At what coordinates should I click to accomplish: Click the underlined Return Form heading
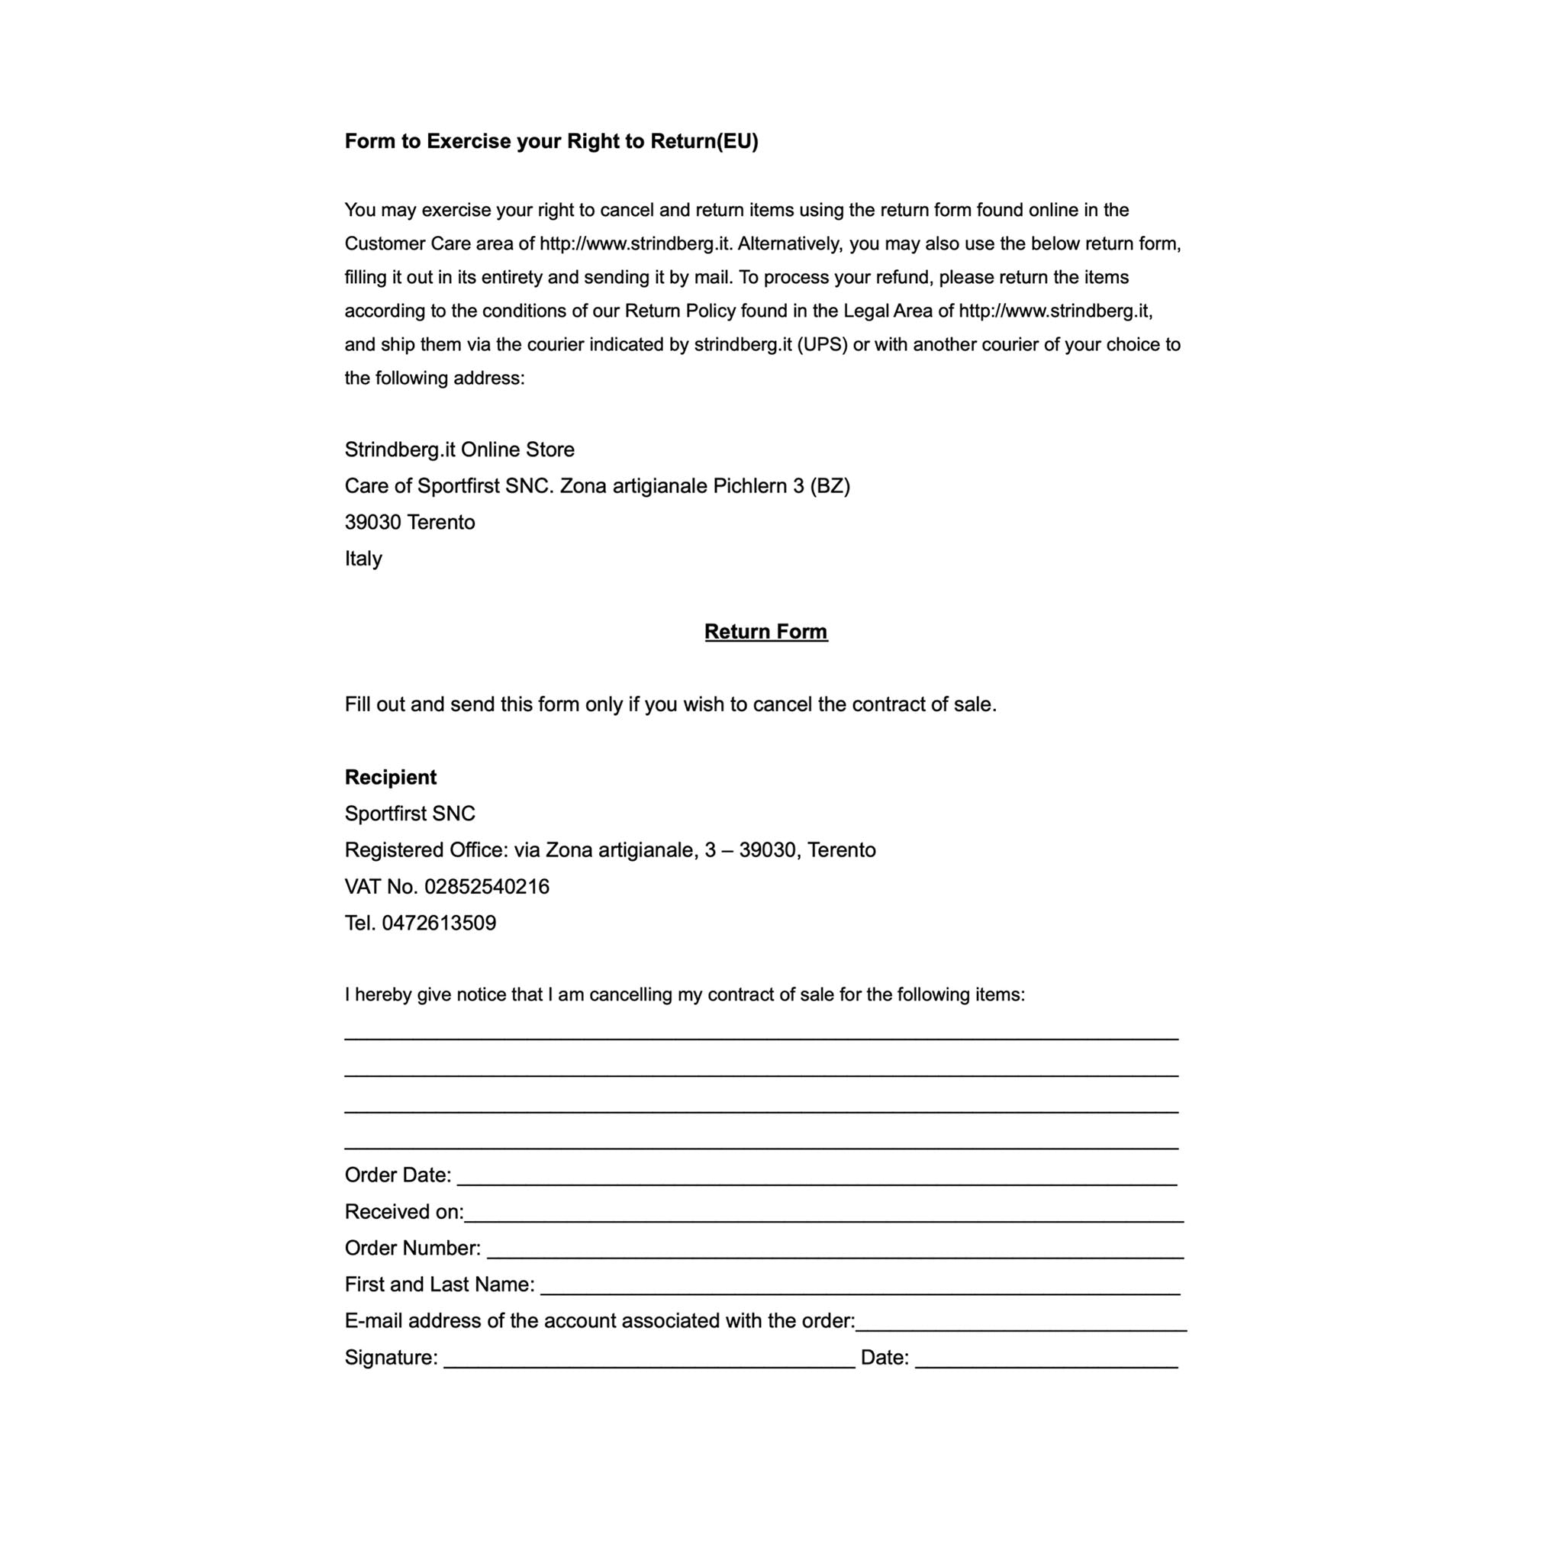point(765,632)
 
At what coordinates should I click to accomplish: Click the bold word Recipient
point(390,778)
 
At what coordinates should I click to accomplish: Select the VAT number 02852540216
point(486,887)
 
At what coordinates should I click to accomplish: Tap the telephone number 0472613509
point(439,923)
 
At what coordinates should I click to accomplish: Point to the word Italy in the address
point(363,559)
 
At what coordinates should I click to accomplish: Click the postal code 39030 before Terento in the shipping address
point(373,523)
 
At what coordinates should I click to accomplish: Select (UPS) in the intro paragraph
point(822,345)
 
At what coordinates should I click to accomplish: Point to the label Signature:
point(392,1358)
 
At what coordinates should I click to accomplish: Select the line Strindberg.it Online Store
point(459,450)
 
